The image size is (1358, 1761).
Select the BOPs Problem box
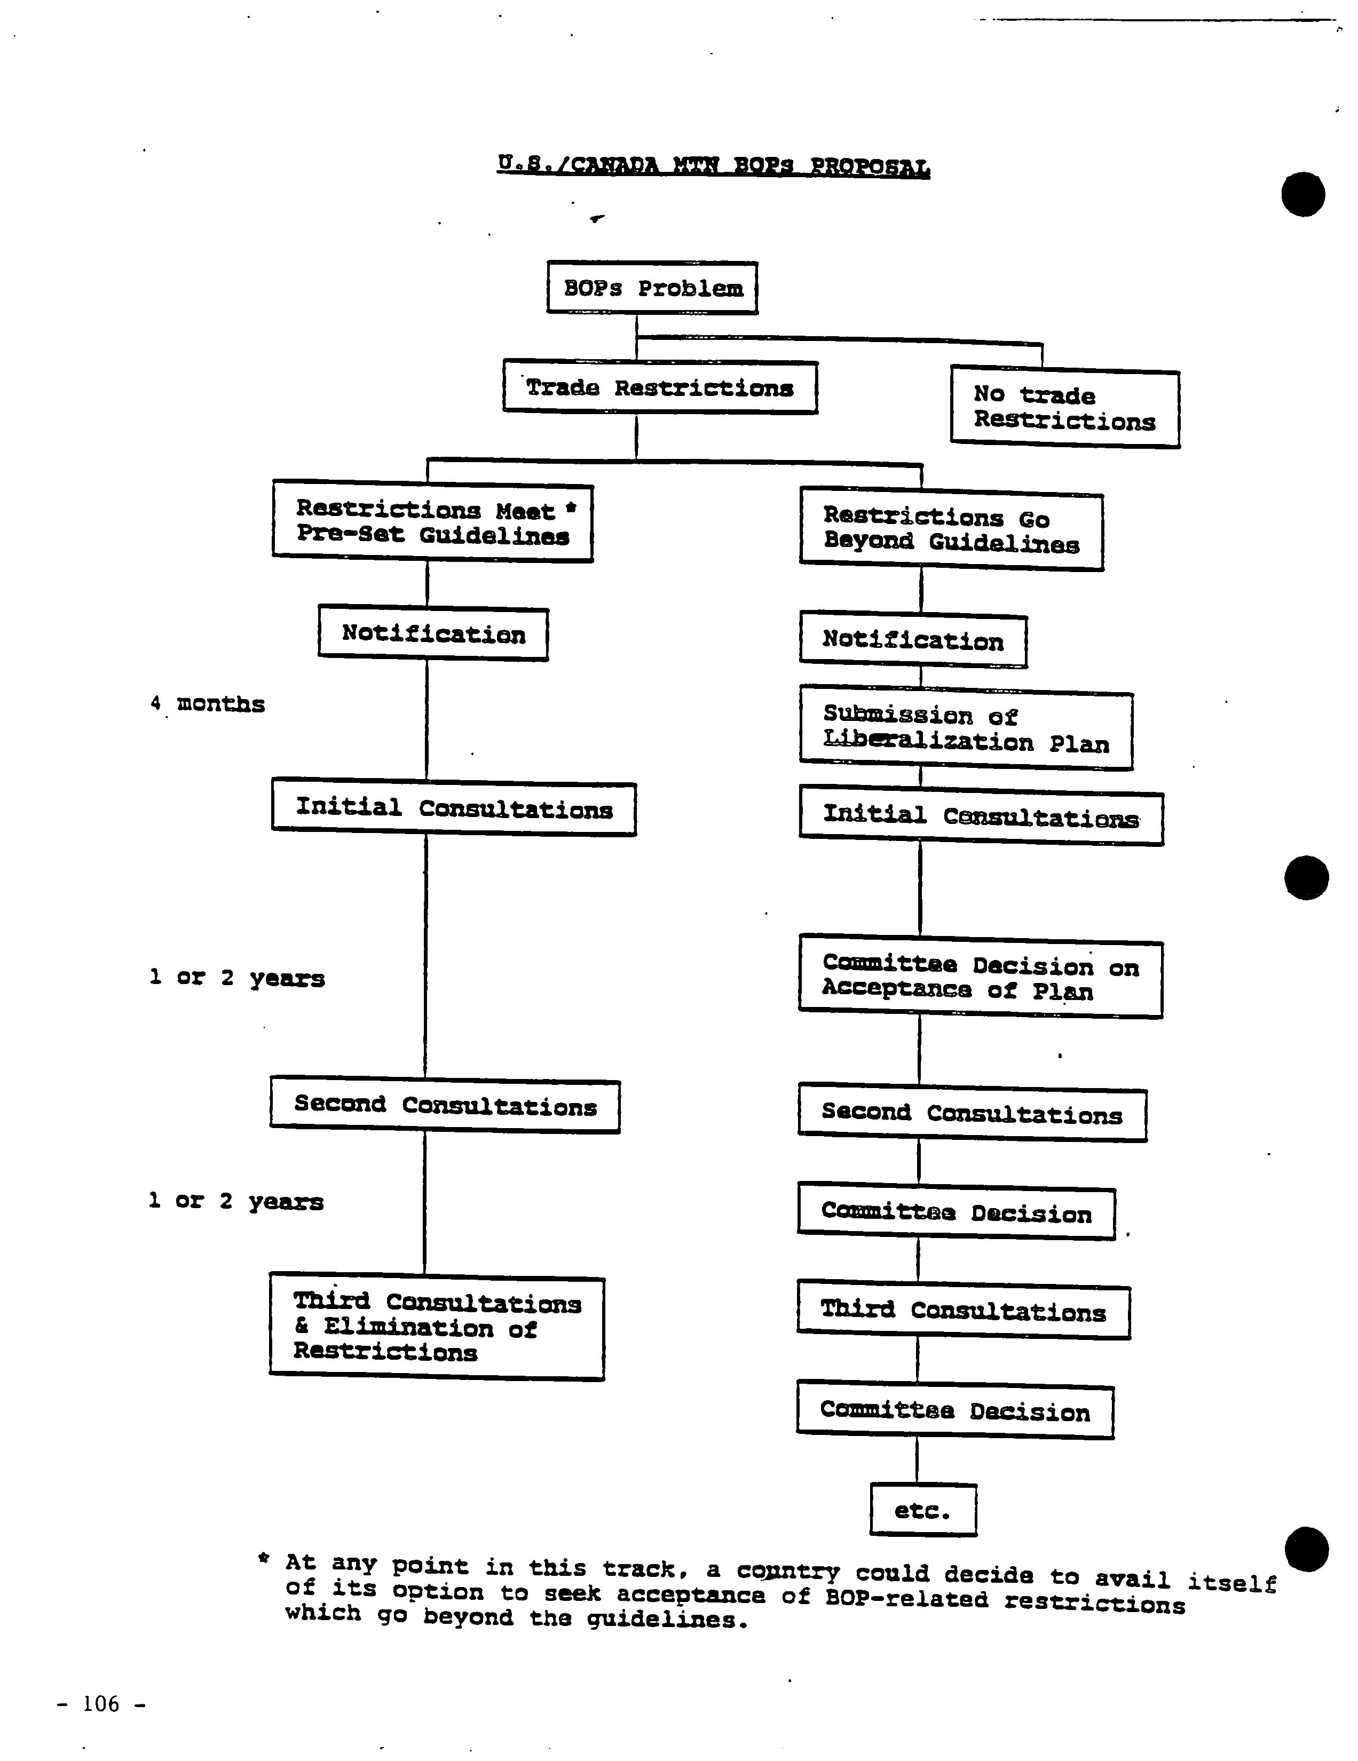click(x=652, y=287)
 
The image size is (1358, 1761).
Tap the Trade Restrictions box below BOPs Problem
click(x=660, y=387)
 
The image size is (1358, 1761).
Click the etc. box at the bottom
click(x=923, y=1510)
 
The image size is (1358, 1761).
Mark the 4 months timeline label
click(x=207, y=704)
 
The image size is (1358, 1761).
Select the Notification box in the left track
click(x=433, y=634)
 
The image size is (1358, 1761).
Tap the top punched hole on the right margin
click(x=1303, y=194)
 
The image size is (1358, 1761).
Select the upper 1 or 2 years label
click(x=237, y=977)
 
